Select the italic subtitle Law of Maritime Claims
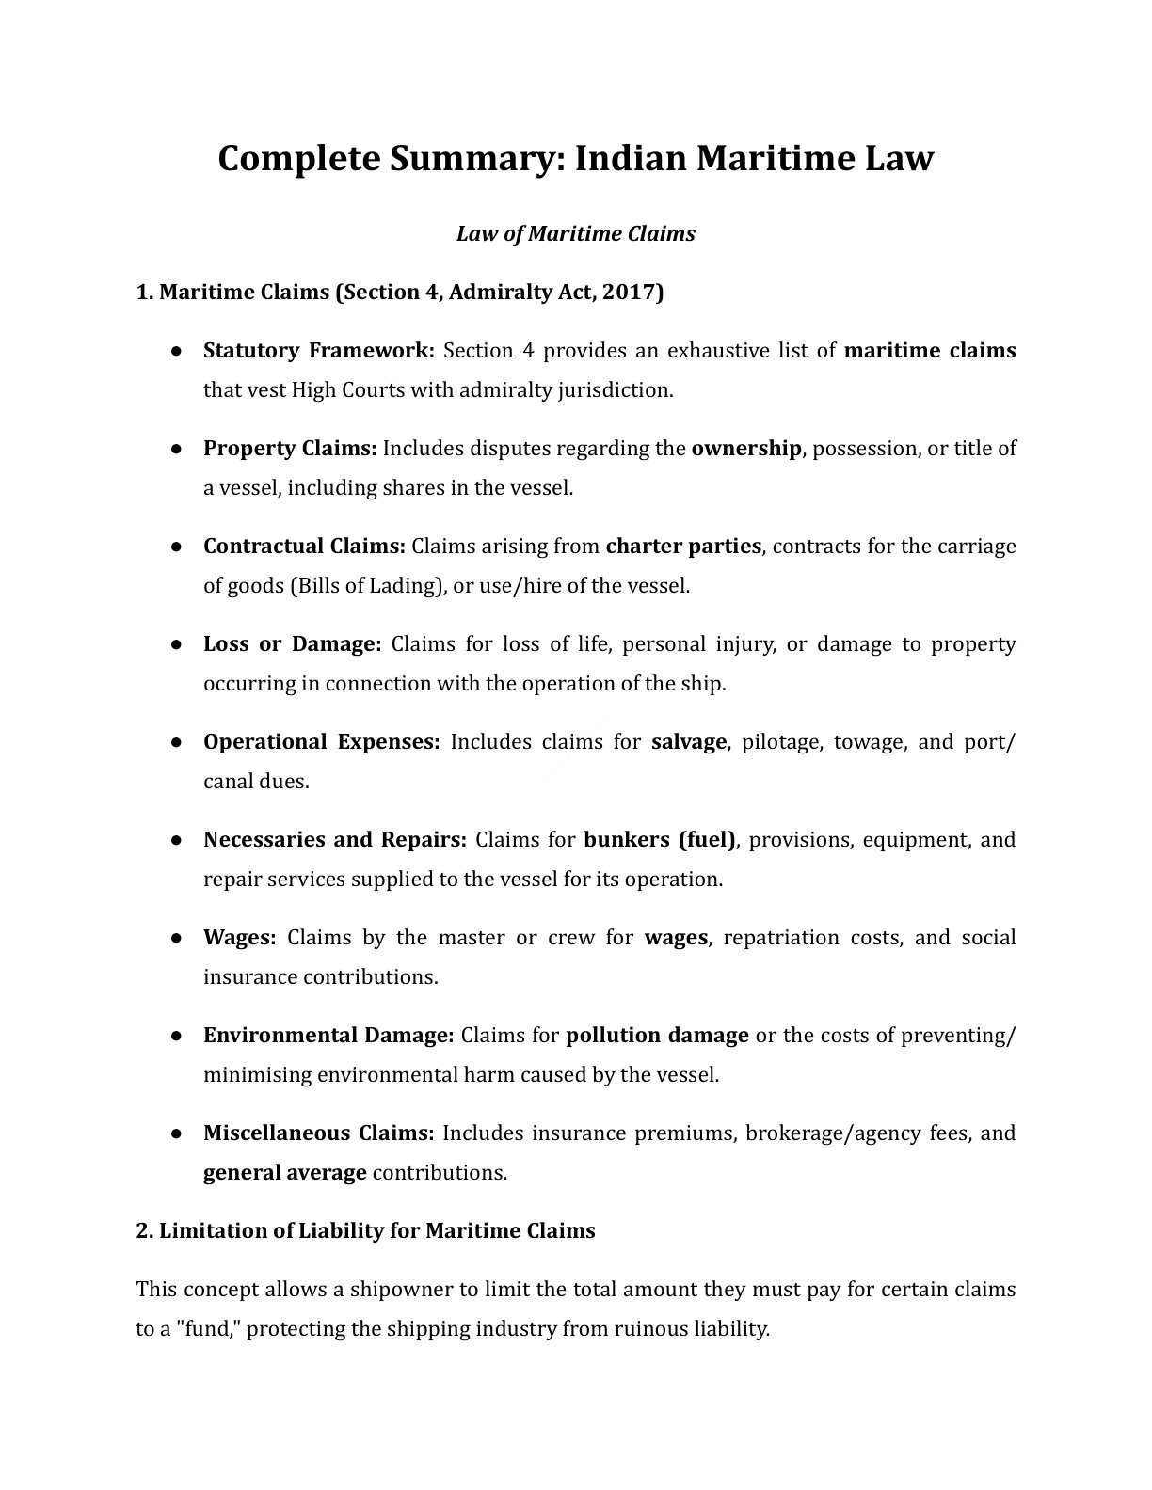(575, 233)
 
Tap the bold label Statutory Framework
(318, 351)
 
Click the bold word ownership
(745, 449)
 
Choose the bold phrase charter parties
(682, 547)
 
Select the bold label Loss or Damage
(292, 644)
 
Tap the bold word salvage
(688, 742)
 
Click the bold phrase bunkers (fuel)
(660, 840)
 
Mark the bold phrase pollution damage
(657, 1036)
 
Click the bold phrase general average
(284, 1173)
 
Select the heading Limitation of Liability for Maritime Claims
(365, 1231)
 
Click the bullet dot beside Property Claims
(176, 449)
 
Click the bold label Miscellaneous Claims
(318, 1133)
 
